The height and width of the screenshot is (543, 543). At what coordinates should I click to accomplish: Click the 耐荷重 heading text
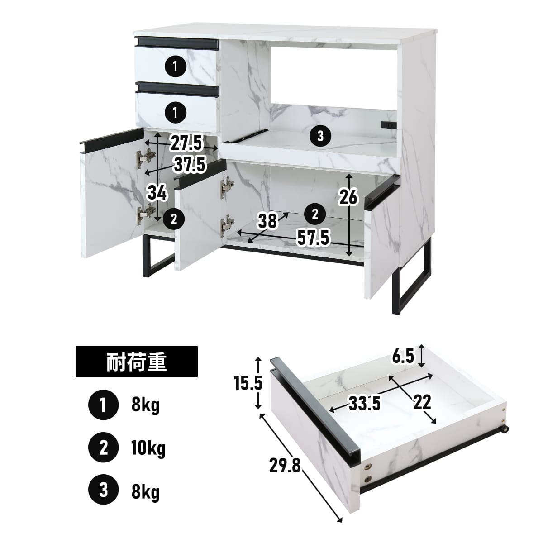pos(136,362)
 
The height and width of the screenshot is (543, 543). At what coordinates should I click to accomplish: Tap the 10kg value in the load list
pos(148,448)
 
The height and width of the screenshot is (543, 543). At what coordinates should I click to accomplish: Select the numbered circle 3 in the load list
pos(104,491)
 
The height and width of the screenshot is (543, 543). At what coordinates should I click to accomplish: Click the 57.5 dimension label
pos(313,238)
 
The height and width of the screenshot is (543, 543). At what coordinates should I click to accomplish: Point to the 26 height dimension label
pos(348,197)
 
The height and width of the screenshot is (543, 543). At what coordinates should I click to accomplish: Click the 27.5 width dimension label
pos(186,143)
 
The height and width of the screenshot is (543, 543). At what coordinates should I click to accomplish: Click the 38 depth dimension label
pos(267,221)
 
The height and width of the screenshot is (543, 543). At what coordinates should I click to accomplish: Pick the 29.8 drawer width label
pos(285,466)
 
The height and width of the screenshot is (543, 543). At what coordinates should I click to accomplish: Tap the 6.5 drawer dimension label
pos(403,357)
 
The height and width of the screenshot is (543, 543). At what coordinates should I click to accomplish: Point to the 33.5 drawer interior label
pos(365,403)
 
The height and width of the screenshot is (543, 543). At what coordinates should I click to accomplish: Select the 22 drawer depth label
pos(422,402)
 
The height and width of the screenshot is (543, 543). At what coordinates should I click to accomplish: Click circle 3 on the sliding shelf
pos(320,136)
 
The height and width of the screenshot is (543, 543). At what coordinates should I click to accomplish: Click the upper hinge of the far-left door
pos(146,159)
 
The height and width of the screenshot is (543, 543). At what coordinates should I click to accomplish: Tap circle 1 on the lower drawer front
pos(175,112)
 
